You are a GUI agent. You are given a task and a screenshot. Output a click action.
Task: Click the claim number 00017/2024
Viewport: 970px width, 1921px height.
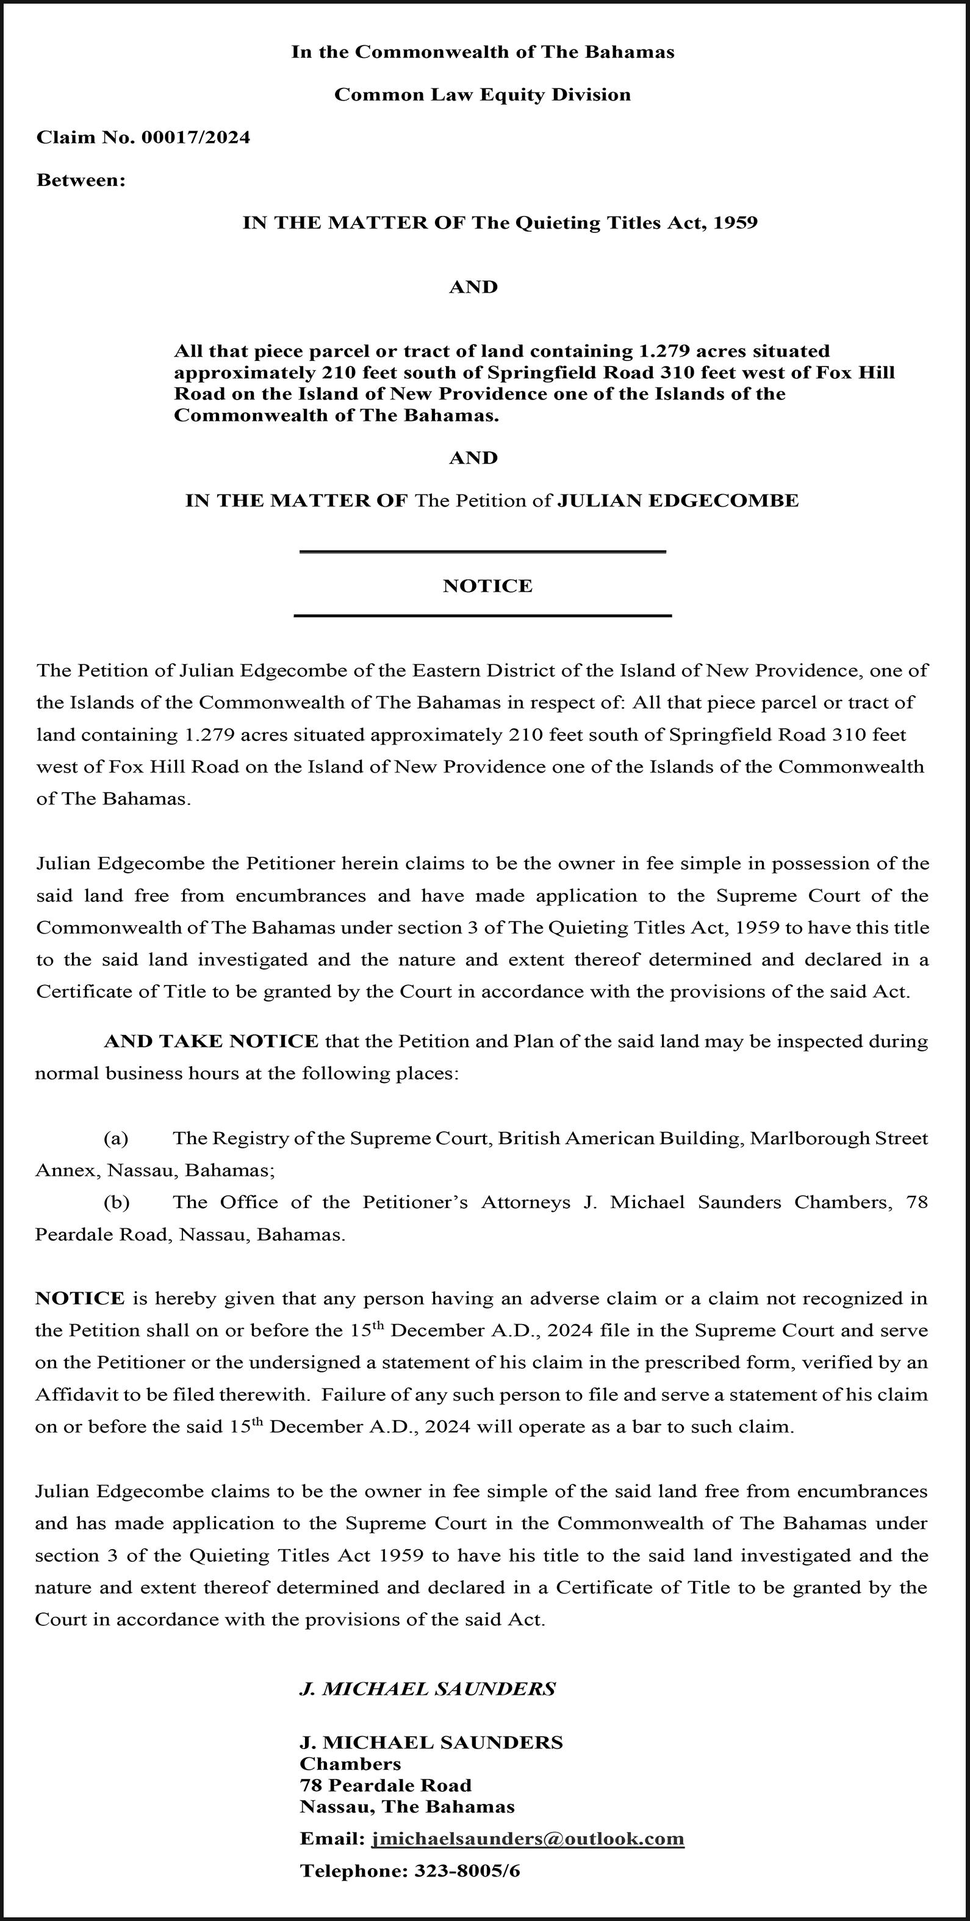(195, 137)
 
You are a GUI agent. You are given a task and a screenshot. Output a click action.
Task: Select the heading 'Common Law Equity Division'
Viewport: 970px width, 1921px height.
(482, 95)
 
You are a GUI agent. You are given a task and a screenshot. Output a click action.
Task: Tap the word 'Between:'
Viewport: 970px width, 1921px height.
(81, 181)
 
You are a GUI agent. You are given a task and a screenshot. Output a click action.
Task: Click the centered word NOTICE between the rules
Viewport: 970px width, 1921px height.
(487, 586)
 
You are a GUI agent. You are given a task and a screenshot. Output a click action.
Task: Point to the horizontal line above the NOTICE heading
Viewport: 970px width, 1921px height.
(482, 552)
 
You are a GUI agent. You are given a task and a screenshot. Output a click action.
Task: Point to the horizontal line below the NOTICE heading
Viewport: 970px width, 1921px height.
(482, 616)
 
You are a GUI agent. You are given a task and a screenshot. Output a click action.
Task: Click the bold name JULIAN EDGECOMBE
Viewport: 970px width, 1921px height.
(678, 501)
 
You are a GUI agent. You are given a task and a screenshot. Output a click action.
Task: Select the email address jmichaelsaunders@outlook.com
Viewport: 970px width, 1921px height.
(528, 1839)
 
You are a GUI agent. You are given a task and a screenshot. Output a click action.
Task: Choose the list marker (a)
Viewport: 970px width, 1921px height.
(116, 1139)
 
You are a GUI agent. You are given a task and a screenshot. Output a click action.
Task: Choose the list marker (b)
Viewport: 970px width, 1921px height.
(116, 1203)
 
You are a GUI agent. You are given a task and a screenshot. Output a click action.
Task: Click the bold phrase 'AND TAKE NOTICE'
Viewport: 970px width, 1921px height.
(211, 1042)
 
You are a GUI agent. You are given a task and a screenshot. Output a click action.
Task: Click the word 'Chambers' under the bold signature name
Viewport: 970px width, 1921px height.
(350, 1764)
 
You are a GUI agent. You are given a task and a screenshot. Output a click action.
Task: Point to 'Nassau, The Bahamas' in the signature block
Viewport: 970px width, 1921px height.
(407, 1807)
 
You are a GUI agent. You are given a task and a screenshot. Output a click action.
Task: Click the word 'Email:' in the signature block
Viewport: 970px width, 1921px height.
(332, 1839)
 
